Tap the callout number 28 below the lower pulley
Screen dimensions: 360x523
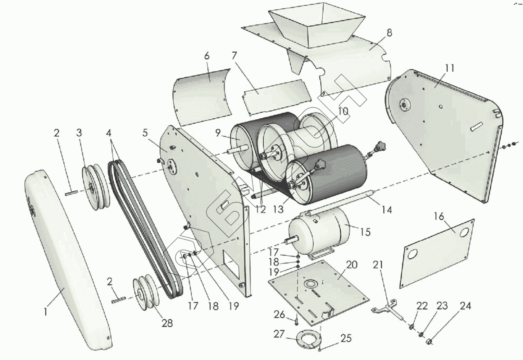[167, 323]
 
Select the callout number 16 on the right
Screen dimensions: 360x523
[439, 217]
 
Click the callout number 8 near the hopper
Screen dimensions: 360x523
[389, 33]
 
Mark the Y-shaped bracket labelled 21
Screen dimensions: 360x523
[387, 309]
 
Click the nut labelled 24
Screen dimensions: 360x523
[429, 340]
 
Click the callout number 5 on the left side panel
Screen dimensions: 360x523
[145, 133]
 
